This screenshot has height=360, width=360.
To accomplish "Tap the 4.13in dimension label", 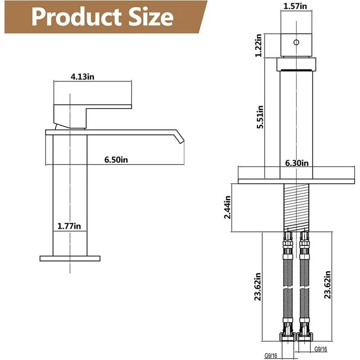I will [82, 76].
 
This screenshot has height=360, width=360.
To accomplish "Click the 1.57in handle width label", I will [296, 6].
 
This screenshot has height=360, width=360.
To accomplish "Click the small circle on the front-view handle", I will [296, 43].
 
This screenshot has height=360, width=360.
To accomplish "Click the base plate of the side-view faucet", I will [69, 258].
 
